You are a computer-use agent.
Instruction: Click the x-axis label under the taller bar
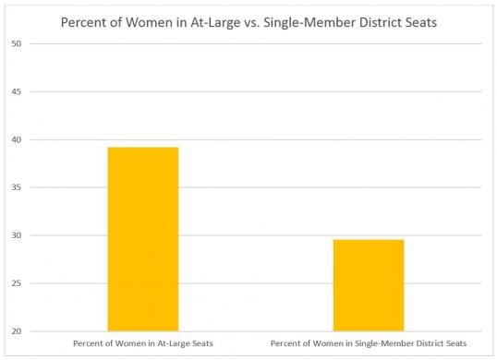click(142, 344)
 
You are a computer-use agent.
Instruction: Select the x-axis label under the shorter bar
click(369, 344)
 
